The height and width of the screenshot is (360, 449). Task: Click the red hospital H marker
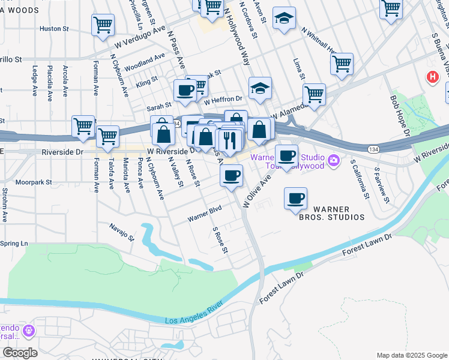pos(431,77)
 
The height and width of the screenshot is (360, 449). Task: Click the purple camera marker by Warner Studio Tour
pos(334,161)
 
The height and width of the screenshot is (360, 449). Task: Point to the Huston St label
pos(54,28)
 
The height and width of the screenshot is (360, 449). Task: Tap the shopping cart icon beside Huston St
pos(103,25)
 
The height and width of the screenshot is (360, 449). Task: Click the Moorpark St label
pos(34,181)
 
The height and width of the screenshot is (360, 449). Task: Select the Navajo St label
pos(121,230)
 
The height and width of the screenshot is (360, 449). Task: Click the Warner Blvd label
pos(205,214)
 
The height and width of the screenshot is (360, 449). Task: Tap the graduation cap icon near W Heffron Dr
pos(260,89)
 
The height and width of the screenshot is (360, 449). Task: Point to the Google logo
pos(19,353)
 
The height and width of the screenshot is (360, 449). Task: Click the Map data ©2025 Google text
pos(411,355)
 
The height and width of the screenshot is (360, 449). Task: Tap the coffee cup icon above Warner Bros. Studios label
pos(295,199)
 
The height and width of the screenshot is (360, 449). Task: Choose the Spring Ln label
pos(14,244)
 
